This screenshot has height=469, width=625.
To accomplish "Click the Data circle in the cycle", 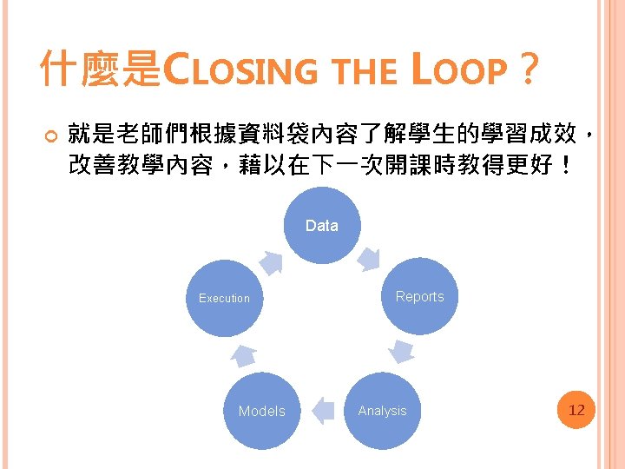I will (321, 226).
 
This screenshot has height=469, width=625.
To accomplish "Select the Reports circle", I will (419, 296).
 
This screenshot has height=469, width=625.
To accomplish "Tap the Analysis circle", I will (382, 411).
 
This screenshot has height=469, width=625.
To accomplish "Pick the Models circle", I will (261, 411).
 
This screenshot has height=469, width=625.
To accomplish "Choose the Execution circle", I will (224, 298).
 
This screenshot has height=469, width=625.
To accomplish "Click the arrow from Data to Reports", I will (371, 258).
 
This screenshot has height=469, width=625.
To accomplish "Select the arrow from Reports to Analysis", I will (402, 351).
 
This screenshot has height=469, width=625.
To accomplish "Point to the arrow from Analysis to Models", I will (322, 411).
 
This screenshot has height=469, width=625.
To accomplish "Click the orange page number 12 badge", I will (576, 409).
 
